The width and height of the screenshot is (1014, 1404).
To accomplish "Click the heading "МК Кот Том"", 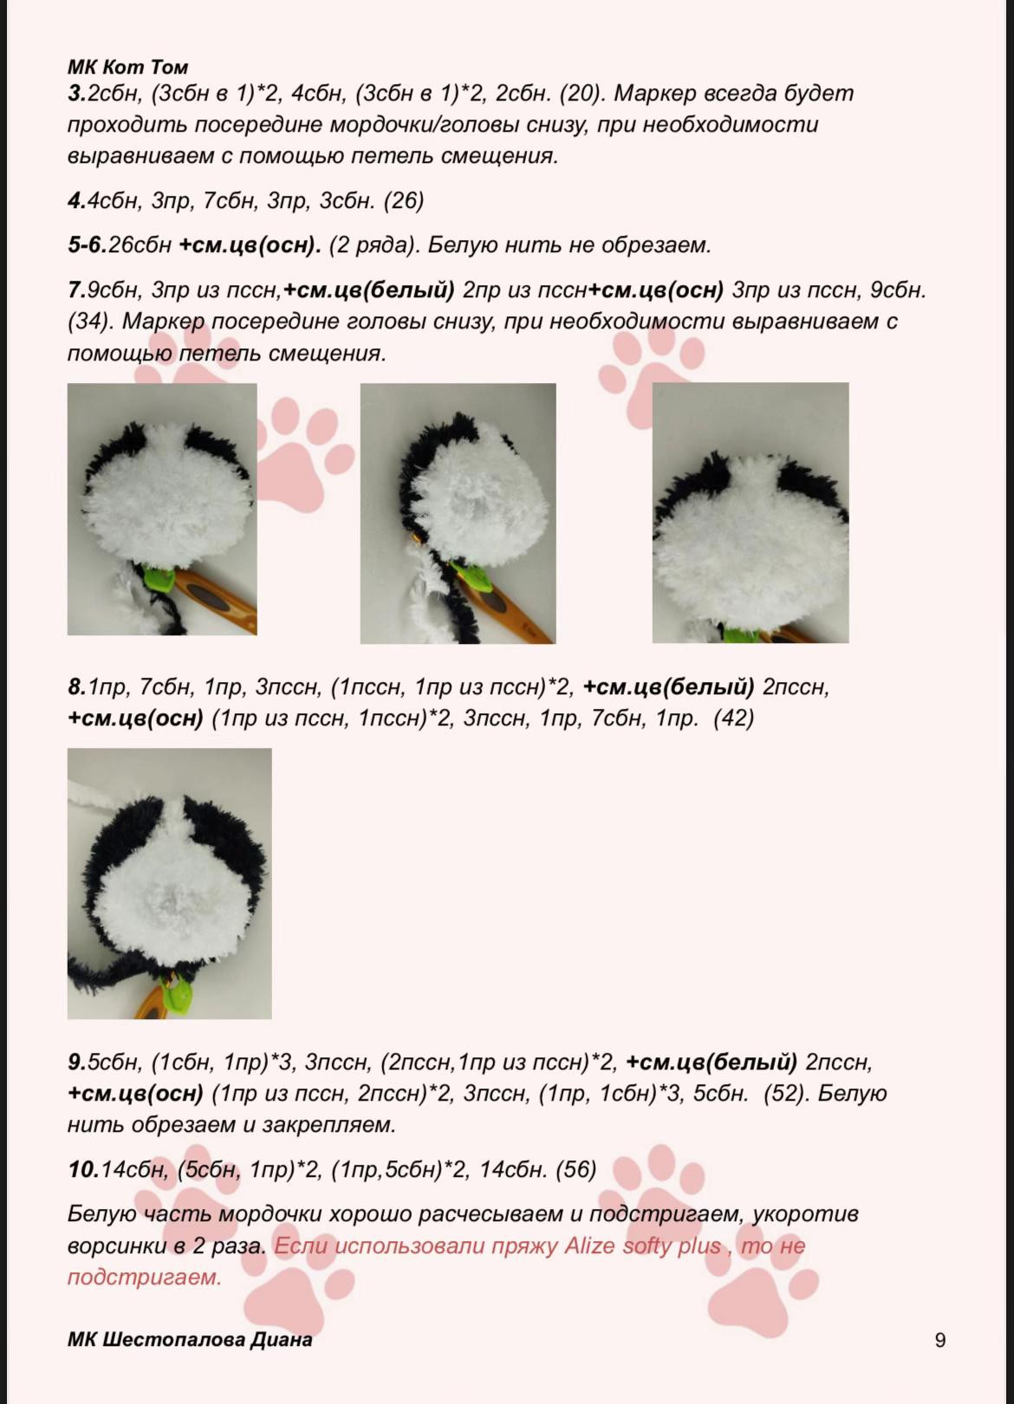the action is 128,67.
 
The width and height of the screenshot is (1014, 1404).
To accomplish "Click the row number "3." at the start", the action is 77,94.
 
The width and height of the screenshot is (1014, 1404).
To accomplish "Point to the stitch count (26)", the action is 404,200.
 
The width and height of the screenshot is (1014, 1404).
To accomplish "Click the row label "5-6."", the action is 88,245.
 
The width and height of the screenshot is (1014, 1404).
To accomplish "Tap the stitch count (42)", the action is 733,718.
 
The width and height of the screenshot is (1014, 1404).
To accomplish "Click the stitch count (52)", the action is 783,1093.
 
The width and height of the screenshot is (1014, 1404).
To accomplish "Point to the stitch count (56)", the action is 576,1169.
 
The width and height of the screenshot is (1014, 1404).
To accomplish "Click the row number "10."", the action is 83,1170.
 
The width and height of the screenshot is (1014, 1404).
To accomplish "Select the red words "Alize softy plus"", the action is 643,1245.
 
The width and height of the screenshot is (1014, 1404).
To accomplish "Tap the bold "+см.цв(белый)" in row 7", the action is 369,289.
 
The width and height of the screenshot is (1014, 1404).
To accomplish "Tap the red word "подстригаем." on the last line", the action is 145,1277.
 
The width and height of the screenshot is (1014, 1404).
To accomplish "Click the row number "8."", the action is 77,687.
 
